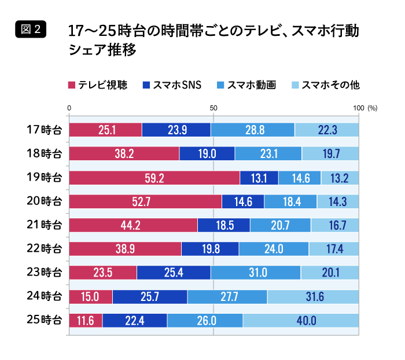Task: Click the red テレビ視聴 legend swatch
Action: pos(72,85)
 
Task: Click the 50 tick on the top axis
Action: pos(213,108)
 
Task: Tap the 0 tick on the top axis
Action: pos(69,108)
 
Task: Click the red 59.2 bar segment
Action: pos(154,178)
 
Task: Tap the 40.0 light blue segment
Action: pos(301,320)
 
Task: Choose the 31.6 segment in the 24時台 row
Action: pos(313,296)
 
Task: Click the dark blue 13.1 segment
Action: pos(259,178)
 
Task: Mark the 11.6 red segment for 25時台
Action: pos(86,320)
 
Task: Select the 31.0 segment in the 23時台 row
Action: pos(256,273)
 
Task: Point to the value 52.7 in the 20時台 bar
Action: pos(145,201)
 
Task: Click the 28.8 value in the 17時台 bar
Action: pos(253,130)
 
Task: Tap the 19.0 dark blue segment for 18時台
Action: pos(207,154)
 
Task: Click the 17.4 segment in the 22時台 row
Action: pos(333,249)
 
